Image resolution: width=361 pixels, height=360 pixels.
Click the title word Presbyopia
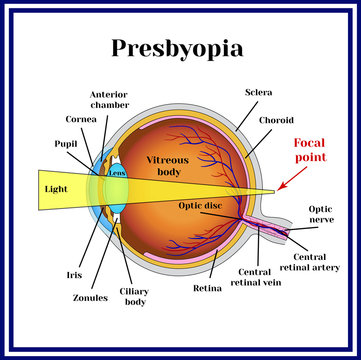[x=181, y=48]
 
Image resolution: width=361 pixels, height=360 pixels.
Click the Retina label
[x=207, y=289]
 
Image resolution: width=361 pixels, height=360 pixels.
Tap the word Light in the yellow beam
[x=57, y=186]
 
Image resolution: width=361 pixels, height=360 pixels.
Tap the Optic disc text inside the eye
[x=201, y=205]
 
